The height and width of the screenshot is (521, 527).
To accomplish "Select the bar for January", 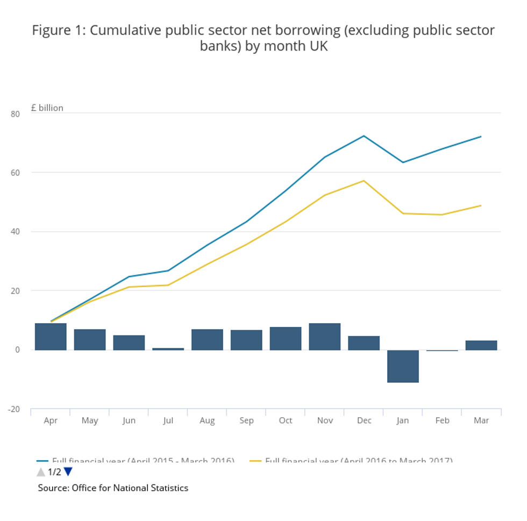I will click(x=403, y=366).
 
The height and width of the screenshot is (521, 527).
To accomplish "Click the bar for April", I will click(x=51, y=337).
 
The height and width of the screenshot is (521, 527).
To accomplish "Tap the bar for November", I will click(x=325, y=337).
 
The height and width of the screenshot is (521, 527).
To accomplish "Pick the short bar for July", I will click(x=168, y=349).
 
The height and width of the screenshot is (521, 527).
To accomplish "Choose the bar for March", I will click(x=481, y=345).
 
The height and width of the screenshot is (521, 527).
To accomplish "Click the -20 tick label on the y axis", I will click(x=13, y=409).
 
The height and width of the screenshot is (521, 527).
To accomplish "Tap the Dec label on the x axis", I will click(x=364, y=420).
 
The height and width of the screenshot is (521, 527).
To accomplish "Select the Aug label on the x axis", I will click(x=207, y=420).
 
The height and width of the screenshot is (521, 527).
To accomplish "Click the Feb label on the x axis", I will click(x=442, y=420).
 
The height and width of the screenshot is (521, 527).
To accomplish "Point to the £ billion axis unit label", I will click(x=47, y=108).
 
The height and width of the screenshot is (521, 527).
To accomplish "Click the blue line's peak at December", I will click(x=364, y=136).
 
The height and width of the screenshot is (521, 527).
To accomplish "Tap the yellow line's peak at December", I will click(x=364, y=181).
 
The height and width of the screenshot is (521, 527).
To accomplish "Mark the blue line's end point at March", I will click(x=481, y=137).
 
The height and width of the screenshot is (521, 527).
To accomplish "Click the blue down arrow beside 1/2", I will click(x=68, y=472).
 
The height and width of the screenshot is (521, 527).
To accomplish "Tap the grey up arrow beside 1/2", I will click(x=41, y=472).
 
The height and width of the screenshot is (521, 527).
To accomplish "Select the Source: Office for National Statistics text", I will click(x=113, y=488).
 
